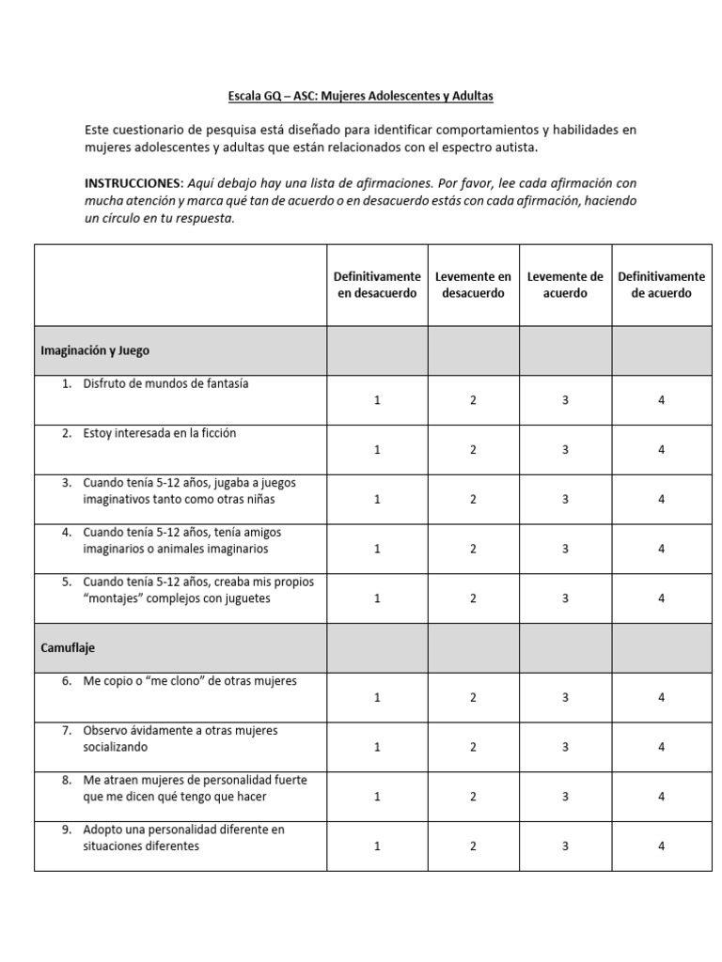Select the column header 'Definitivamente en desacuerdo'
(x=377, y=285)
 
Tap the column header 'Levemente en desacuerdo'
(x=473, y=285)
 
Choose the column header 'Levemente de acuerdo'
(x=565, y=285)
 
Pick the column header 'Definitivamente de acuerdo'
(x=661, y=285)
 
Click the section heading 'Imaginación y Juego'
(x=95, y=350)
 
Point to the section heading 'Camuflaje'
(x=68, y=648)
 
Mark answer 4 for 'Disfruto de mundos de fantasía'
(x=661, y=400)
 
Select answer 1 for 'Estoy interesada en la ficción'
(x=377, y=450)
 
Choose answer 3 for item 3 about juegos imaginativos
(x=565, y=499)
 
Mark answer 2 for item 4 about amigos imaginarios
(x=473, y=549)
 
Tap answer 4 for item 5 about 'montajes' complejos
(x=661, y=598)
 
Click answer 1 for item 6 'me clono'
(x=377, y=698)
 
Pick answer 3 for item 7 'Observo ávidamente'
(x=565, y=747)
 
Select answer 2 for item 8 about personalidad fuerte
(x=473, y=797)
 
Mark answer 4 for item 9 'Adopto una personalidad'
(x=661, y=846)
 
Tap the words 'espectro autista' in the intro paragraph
(x=493, y=148)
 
